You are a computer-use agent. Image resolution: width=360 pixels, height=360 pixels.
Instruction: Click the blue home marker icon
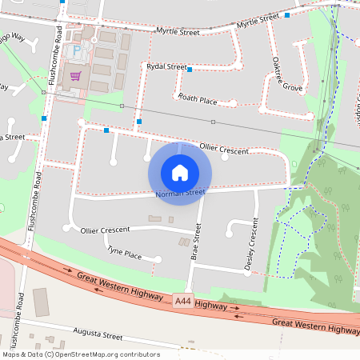pyautogui.click(x=180, y=173)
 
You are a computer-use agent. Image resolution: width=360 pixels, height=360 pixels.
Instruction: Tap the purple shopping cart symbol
pyautogui.click(x=76, y=77)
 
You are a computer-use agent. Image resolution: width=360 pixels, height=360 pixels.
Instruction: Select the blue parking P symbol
pyautogui.click(x=78, y=50)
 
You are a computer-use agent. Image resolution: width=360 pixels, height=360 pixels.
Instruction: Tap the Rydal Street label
pyautogui.click(x=166, y=67)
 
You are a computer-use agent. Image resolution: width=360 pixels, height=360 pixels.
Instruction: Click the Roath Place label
pyautogui.click(x=198, y=99)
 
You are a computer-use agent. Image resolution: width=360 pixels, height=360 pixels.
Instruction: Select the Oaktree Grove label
pyautogui.click(x=286, y=72)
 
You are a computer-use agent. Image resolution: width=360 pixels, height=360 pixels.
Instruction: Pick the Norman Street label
pyautogui.click(x=180, y=193)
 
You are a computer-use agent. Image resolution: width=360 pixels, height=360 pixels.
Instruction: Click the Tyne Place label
pyautogui.click(x=124, y=254)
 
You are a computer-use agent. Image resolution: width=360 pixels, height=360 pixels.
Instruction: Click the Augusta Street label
pyautogui.click(x=98, y=333)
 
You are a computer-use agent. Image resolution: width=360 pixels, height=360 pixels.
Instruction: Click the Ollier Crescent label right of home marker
pyautogui.click(x=224, y=149)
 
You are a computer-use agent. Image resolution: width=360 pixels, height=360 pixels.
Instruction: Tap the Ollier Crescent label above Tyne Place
pyautogui.click(x=105, y=230)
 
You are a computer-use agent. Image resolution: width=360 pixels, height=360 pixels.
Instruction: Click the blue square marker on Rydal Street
pyautogui.click(x=190, y=70)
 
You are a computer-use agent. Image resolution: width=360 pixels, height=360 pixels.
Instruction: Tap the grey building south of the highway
pyautogui.click(x=40, y=302)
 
